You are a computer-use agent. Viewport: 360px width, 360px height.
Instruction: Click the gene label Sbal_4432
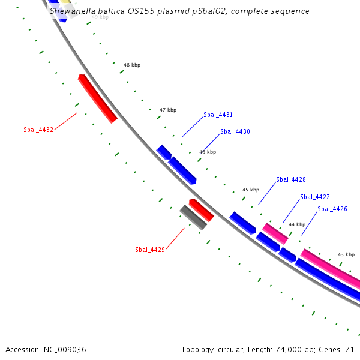tap(38, 130)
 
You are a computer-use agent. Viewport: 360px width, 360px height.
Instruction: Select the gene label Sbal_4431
tap(218, 115)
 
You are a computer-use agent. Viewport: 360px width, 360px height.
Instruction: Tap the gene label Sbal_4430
tap(235, 131)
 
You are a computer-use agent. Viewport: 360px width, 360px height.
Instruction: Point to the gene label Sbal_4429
tap(150, 250)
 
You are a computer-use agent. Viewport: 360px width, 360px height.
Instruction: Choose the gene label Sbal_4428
tap(291, 179)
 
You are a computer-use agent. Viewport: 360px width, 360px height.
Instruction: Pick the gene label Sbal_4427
tap(315, 197)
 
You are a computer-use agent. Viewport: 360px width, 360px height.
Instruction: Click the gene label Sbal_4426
tap(332, 209)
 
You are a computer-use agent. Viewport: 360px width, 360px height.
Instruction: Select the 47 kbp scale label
tap(168, 110)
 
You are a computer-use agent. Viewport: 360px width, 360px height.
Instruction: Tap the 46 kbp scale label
tap(208, 152)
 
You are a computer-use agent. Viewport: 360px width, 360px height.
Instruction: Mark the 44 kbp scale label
tap(297, 224)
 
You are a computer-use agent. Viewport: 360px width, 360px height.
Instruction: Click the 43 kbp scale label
tap(346, 254)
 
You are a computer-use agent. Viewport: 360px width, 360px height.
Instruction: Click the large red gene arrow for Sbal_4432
tap(97, 98)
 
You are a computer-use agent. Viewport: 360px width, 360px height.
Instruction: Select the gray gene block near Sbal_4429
tap(194, 217)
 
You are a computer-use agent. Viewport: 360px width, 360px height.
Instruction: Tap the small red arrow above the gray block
tap(202, 210)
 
